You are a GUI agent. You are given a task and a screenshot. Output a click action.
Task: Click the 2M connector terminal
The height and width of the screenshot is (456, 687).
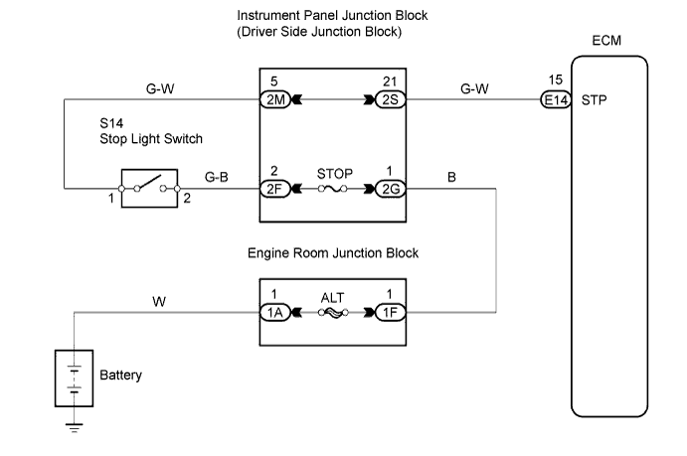point(273,99)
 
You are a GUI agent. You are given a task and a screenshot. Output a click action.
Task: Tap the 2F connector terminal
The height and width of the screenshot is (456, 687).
point(273,186)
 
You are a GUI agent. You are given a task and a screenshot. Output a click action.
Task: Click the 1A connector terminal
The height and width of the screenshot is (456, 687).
point(273,310)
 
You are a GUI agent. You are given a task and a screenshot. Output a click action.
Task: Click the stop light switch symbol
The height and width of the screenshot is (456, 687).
point(148,186)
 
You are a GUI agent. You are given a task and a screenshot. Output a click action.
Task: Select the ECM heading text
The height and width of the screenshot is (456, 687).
point(608,44)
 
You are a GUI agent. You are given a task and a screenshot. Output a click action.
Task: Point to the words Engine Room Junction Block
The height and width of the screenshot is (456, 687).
point(333,253)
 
